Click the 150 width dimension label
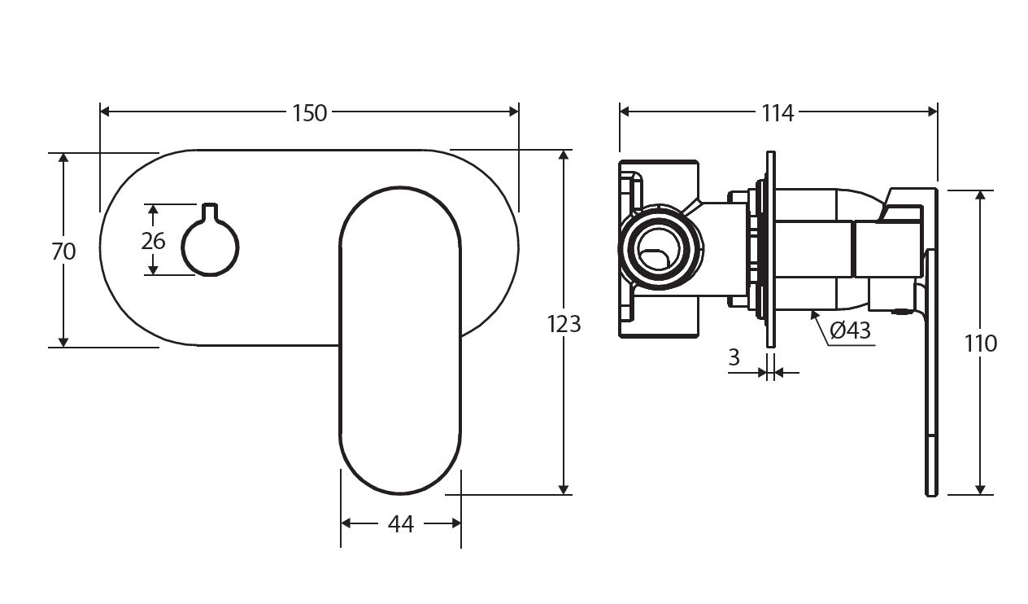point(309,113)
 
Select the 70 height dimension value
point(63,252)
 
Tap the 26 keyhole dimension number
point(153,241)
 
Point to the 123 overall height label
point(564,324)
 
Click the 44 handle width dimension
point(400,525)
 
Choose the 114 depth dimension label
point(778,113)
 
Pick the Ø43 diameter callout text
point(851,330)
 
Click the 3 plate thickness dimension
point(734,357)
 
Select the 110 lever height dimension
point(981,344)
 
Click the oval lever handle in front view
point(401,342)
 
